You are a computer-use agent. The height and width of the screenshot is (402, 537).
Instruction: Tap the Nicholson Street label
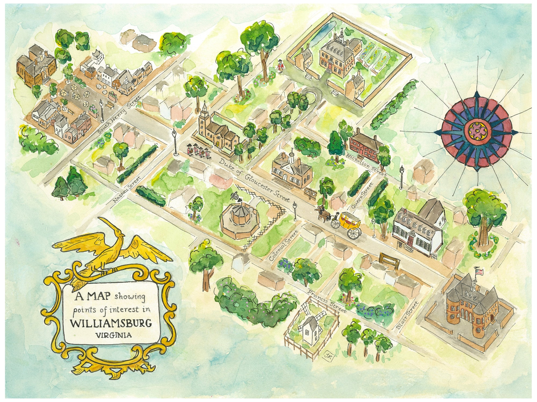[366, 165]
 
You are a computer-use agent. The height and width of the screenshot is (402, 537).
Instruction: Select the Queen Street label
[362, 196]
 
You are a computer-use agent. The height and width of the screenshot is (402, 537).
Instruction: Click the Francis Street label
[327, 301]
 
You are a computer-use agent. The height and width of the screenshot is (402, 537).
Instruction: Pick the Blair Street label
[408, 315]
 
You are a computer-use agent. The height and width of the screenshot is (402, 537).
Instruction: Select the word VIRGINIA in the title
[114, 335]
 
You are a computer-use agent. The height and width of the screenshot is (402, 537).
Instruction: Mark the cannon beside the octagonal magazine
[235, 197]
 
